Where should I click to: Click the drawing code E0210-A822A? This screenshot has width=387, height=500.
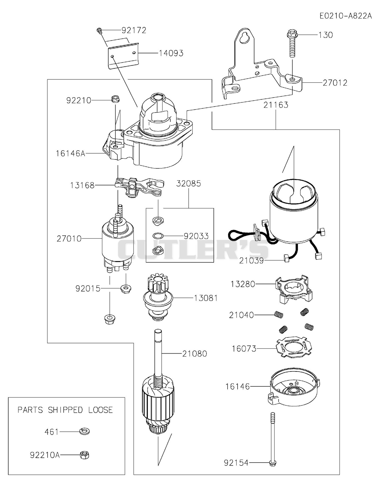[x=346, y=16]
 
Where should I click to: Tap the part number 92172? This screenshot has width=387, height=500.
[x=134, y=30]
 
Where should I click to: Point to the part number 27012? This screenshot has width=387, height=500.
[x=335, y=83]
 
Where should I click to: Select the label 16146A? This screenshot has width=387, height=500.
[x=71, y=153]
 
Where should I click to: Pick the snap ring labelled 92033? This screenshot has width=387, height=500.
[x=157, y=236]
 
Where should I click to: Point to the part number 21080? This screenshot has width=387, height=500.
[x=195, y=354]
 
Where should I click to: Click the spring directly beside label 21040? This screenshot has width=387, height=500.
[x=278, y=315]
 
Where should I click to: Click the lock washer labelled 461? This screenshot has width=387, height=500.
[x=84, y=431]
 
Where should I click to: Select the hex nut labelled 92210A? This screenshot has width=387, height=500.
[x=84, y=455]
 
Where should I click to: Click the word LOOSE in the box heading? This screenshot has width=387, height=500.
[x=101, y=410]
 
